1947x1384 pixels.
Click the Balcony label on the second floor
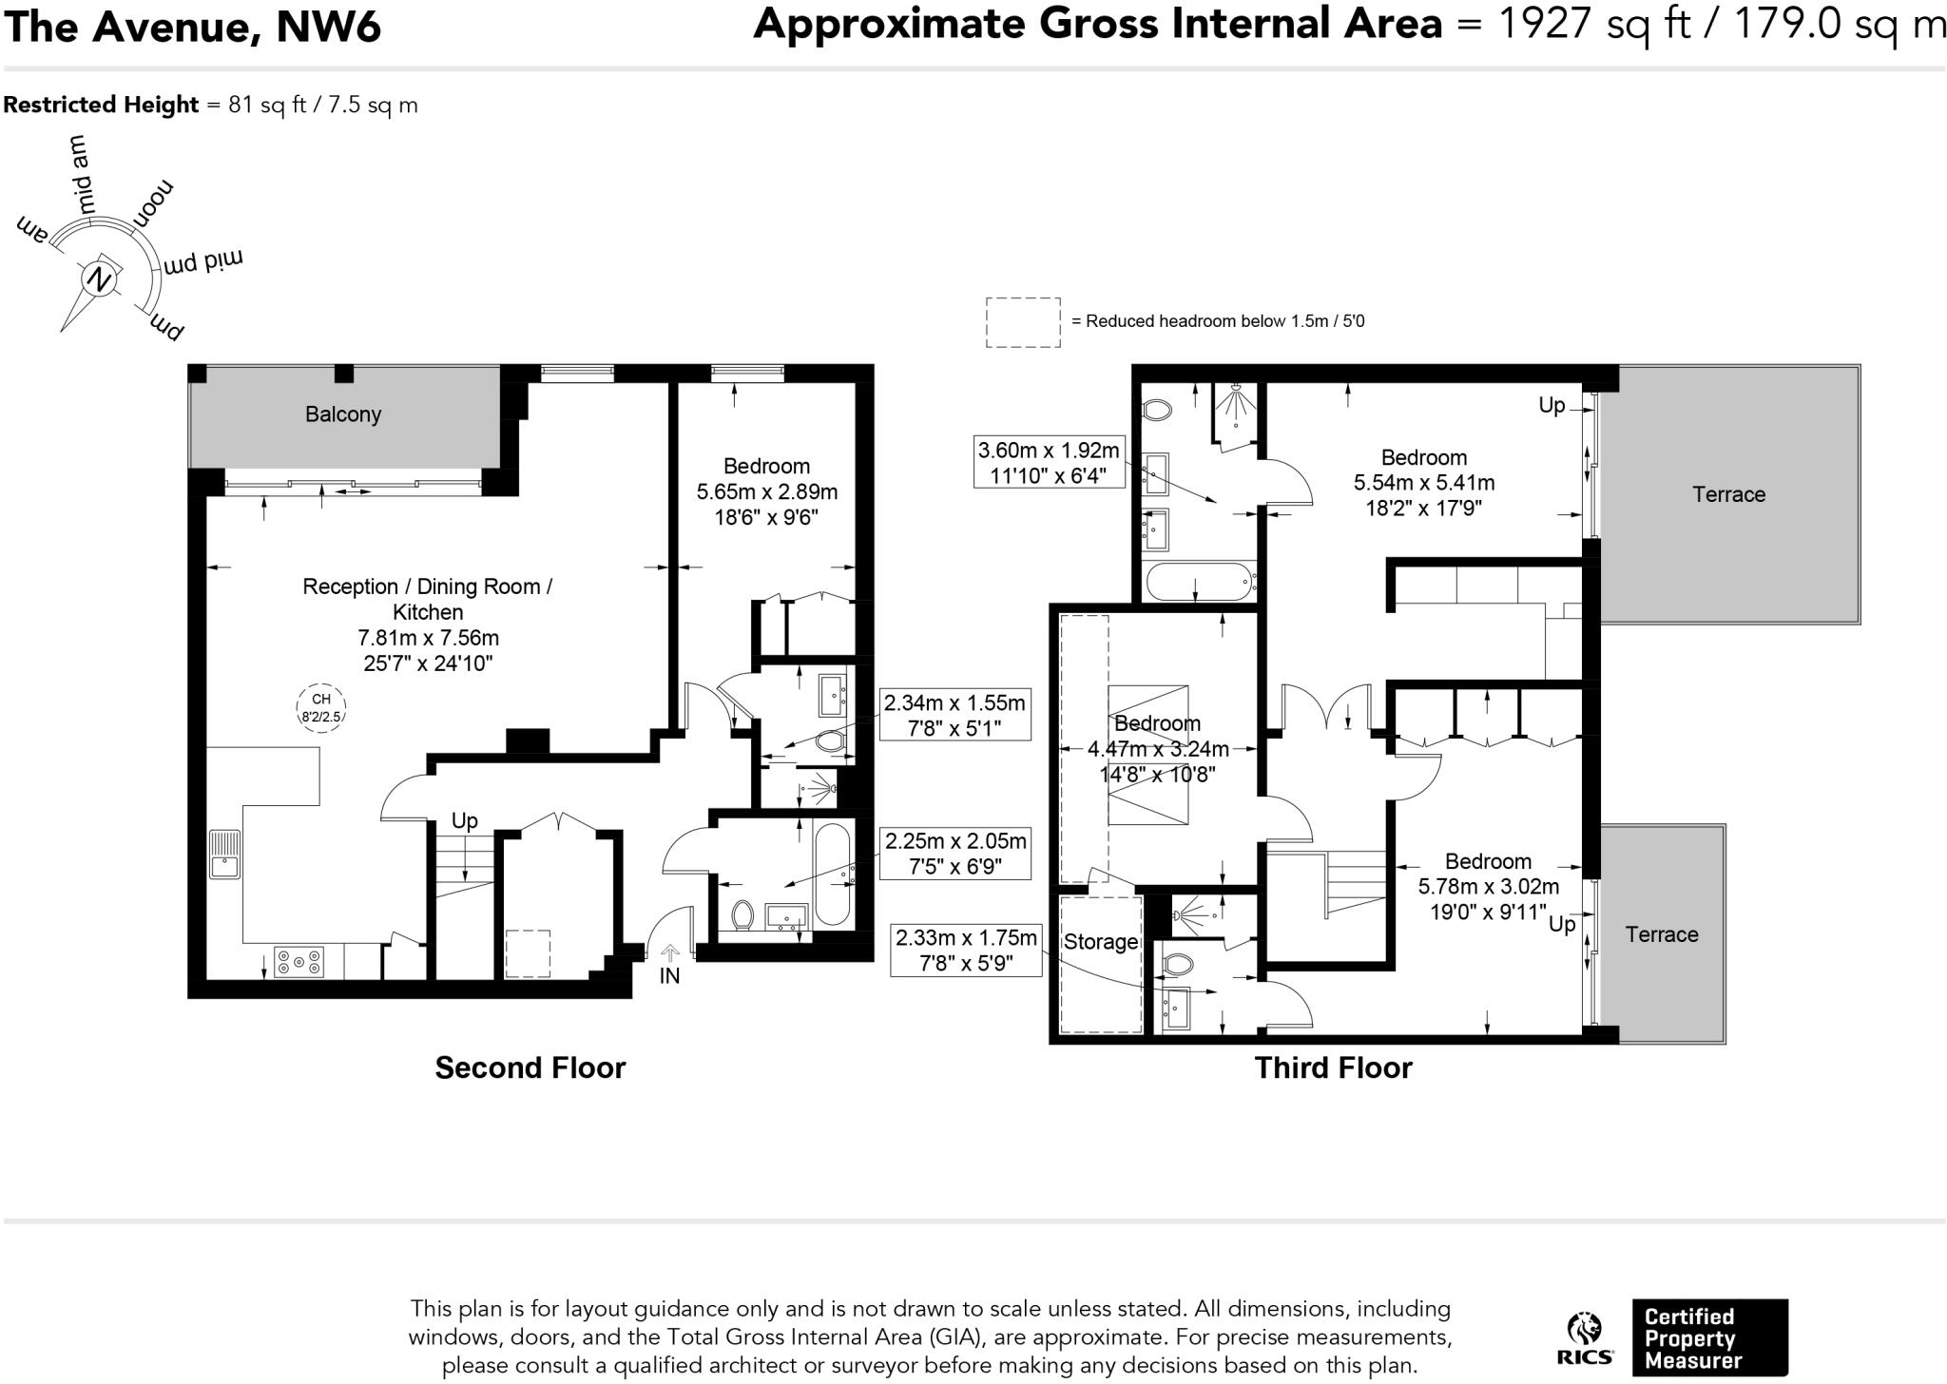[343, 414]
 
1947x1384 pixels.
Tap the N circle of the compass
[98, 279]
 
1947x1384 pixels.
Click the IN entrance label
[669, 976]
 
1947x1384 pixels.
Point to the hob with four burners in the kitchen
[299, 962]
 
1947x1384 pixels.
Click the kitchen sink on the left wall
[225, 854]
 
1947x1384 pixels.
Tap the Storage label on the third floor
[1101, 942]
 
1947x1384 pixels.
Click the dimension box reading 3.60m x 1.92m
[1049, 462]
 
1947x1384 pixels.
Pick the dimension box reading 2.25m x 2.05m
[955, 854]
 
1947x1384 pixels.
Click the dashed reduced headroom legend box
[1023, 322]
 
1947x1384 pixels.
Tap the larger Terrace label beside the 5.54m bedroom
[1728, 494]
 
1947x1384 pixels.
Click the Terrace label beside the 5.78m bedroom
[1662, 934]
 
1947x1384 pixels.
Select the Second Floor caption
[530, 1067]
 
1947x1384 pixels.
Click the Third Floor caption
[1333, 1067]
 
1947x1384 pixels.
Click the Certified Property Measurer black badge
[1709, 1337]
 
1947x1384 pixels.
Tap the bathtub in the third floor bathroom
[1199, 581]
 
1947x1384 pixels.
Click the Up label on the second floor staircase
[464, 820]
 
